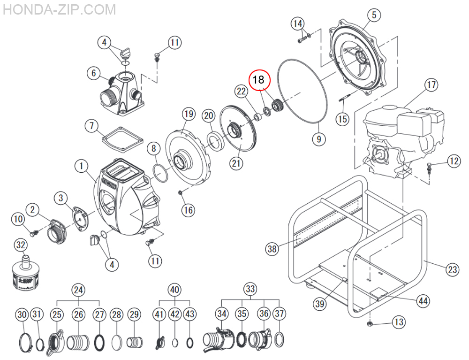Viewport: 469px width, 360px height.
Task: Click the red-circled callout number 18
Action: tap(259, 80)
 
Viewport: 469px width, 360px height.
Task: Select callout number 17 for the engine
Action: tap(431, 85)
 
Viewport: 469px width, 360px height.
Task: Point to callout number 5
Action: tap(374, 15)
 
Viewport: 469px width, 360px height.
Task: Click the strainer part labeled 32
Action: tap(22, 272)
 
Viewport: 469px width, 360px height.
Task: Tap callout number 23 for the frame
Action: tap(452, 269)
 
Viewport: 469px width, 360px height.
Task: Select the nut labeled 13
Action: tap(370, 324)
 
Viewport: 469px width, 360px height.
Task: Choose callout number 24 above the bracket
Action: tap(79, 290)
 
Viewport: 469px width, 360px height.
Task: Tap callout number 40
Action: tap(174, 290)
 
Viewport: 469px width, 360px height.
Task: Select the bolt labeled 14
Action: tap(302, 40)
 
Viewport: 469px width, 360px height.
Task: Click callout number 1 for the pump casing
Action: tap(81, 166)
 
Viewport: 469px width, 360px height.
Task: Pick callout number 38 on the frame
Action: tap(272, 249)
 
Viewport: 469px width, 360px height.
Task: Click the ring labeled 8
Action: tap(160, 173)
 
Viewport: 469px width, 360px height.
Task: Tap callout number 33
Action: tap(250, 290)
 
